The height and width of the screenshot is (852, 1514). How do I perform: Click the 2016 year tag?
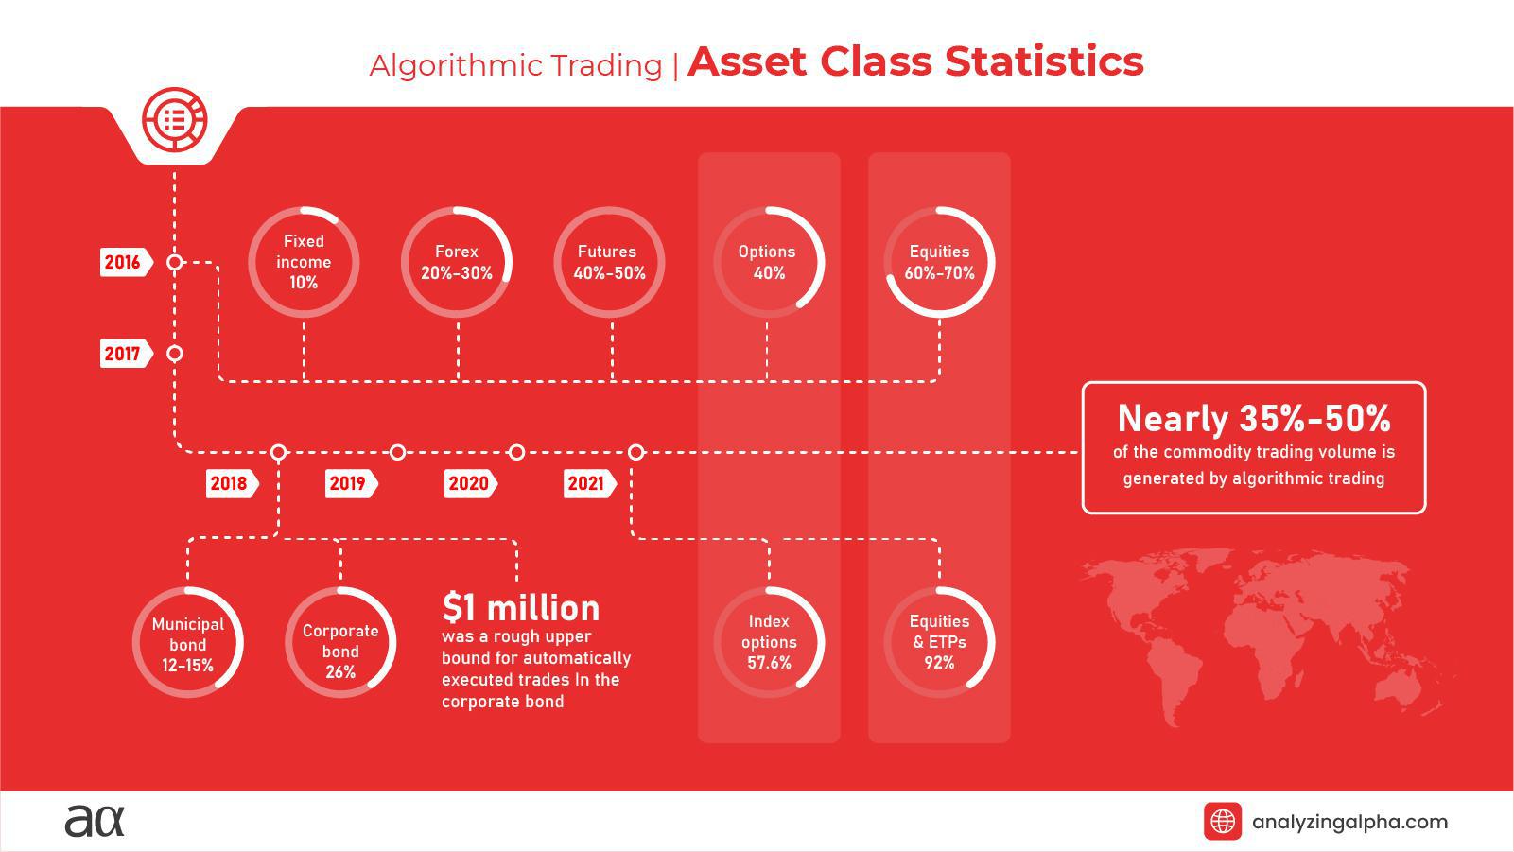pos(125,263)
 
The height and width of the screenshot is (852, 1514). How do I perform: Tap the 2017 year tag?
pos(125,354)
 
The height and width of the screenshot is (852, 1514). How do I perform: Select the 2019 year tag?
pos(349,483)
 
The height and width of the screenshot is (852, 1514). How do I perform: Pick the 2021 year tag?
pos(587,483)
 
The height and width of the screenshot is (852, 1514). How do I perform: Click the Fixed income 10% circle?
pos(304,262)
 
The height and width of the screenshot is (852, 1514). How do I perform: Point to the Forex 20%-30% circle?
pos(457,262)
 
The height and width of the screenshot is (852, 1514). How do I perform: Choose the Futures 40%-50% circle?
pos(609,262)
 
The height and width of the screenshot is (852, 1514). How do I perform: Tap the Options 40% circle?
pos(768,262)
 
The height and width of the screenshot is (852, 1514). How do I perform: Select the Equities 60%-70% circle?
pos(939,262)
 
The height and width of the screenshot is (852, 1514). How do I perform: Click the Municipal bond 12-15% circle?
pos(188,643)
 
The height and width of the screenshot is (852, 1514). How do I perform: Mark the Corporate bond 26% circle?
pos(340,643)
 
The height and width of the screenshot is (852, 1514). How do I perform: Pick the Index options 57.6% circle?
pos(769,642)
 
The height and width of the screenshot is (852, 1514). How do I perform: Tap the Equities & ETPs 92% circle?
pos(939,642)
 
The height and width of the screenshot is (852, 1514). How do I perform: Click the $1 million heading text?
pos(520,607)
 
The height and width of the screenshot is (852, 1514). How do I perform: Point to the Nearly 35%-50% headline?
pos(1254,418)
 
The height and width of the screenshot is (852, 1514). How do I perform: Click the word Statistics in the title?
pos(1044,61)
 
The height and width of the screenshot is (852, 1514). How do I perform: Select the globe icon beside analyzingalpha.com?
pos(1222,821)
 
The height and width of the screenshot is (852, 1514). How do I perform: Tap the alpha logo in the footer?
pos(95,820)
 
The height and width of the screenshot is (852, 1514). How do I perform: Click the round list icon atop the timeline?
pos(174,120)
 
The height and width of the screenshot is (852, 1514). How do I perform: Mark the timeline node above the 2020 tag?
pos(516,452)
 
